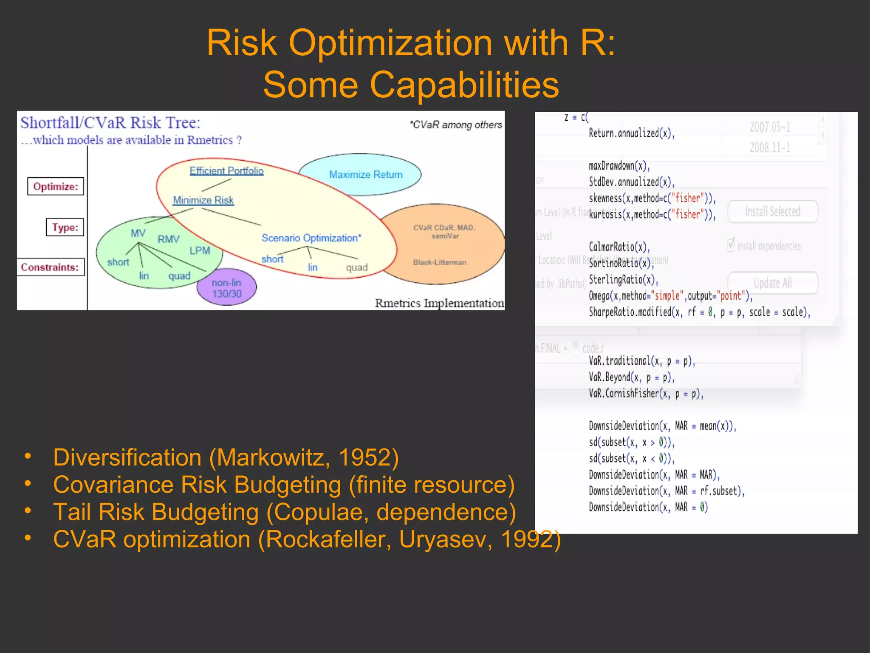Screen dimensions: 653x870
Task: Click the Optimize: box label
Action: (x=56, y=186)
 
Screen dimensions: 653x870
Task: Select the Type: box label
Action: (x=65, y=227)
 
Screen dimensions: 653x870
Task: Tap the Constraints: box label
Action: (x=50, y=267)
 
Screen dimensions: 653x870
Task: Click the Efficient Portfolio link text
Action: (x=226, y=170)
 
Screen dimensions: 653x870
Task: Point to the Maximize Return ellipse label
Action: (x=365, y=174)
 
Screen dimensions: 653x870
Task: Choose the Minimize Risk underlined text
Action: (x=203, y=200)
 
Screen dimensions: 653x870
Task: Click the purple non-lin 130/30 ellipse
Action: (x=226, y=288)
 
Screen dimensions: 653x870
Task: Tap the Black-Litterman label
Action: (x=439, y=262)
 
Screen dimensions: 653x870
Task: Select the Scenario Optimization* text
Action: (x=311, y=238)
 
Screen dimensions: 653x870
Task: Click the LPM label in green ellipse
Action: (x=200, y=250)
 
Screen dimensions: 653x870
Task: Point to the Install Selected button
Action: (x=772, y=211)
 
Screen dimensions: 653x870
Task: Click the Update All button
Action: (x=772, y=283)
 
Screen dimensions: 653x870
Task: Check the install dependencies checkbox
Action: (x=731, y=245)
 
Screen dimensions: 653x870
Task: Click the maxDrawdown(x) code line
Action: (x=619, y=165)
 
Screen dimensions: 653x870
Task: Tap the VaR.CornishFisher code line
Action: (x=646, y=393)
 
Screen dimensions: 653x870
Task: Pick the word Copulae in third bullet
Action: (x=321, y=512)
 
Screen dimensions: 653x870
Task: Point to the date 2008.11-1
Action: (x=769, y=148)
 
